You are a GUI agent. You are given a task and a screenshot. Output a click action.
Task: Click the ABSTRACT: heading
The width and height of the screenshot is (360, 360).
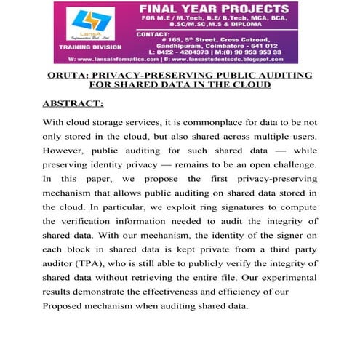point(73,103)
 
